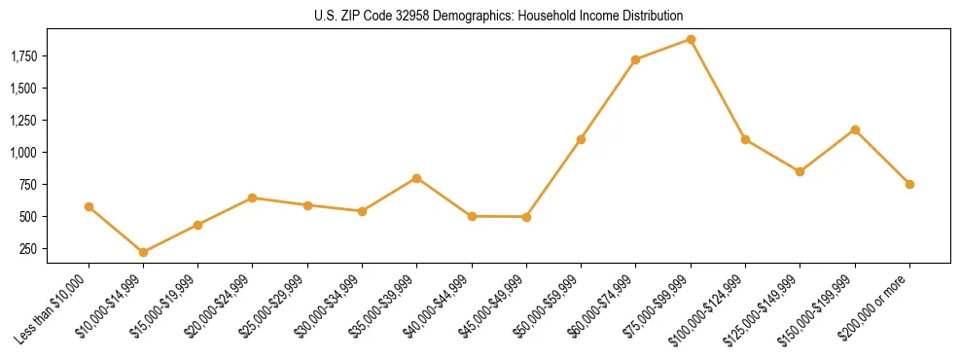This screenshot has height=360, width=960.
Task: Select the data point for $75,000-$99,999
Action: tap(691, 40)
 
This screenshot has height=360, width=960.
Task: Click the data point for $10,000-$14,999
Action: tap(144, 252)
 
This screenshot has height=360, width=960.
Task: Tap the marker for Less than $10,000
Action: tap(89, 206)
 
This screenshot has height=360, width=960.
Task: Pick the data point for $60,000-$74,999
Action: tap(635, 59)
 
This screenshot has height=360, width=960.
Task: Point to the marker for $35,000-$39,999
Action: tap(416, 178)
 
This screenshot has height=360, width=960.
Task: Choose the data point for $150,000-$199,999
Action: tap(855, 129)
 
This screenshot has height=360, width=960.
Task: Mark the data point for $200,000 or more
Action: tap(909, 184)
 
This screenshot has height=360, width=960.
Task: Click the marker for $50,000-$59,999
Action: tap(581, 139)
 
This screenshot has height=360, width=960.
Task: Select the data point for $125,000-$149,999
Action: tap(800, 171)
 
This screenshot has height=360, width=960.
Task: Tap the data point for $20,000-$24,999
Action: tap(253, 198)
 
